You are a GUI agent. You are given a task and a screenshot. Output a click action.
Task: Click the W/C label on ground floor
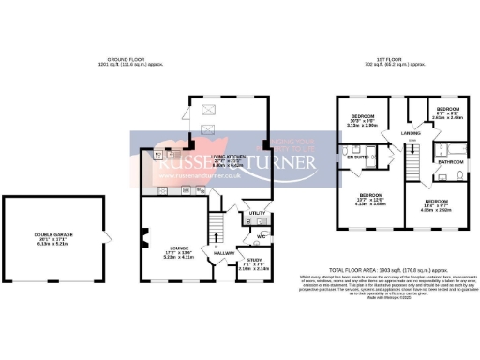pyautogui.click(x=262, y=235)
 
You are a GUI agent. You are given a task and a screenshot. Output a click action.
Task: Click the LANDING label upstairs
pyautogui.click(x=412, y=134)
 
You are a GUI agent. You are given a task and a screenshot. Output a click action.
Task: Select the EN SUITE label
pyautogui.click(x=357, y=158)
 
